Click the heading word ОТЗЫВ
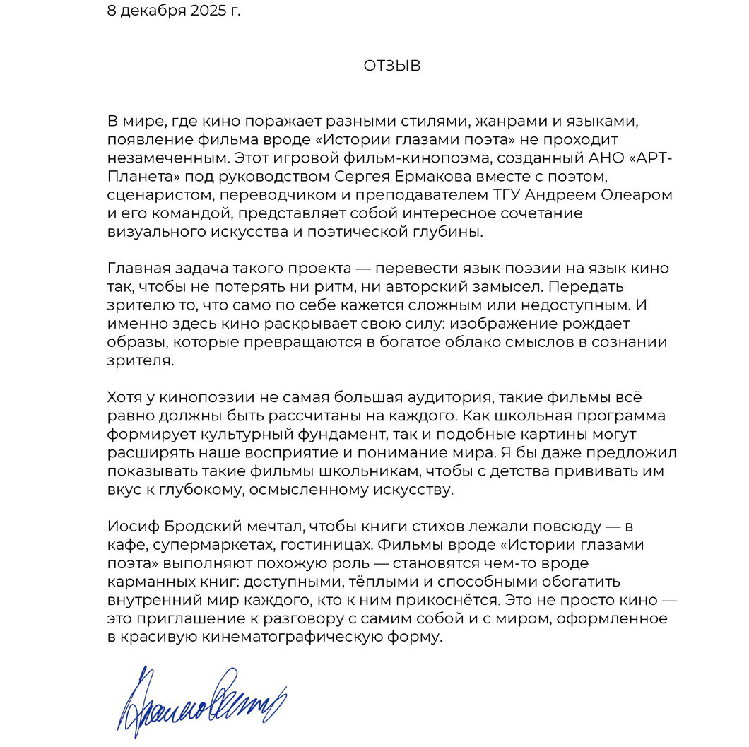pos(392,66)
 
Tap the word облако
pos(473,342)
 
